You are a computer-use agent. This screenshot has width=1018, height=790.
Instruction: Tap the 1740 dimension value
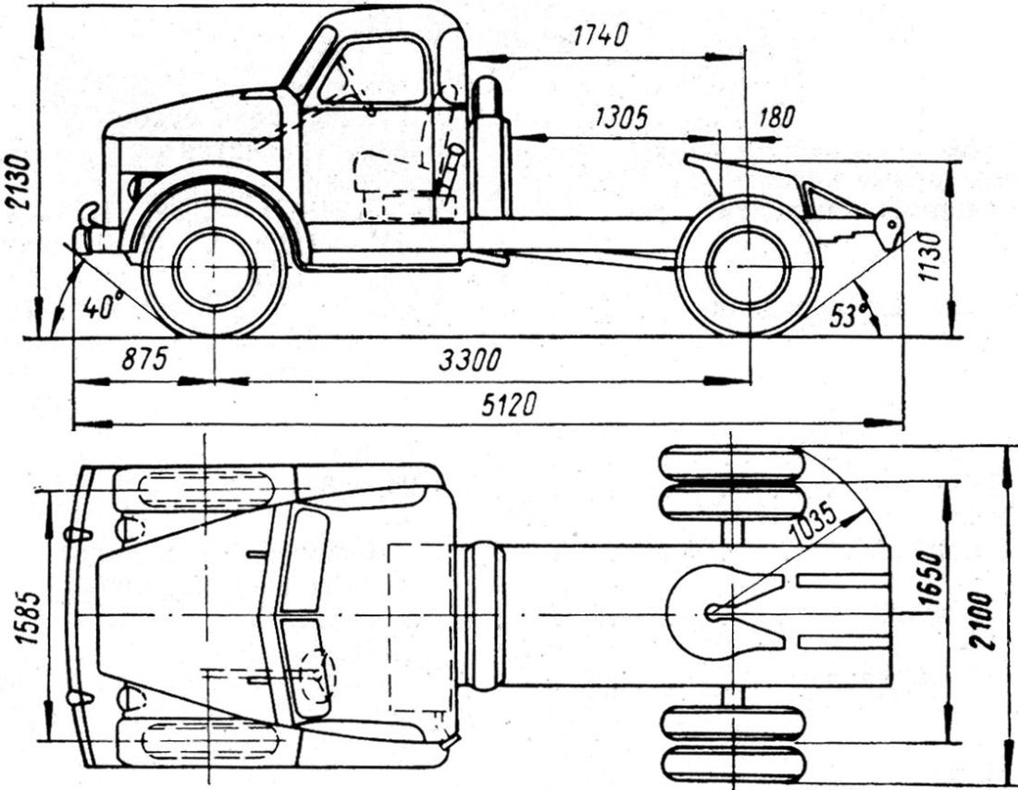(599, 35)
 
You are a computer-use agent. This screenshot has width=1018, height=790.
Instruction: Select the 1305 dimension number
(621, 117)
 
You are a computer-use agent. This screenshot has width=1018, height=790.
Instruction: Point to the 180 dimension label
(776, 117)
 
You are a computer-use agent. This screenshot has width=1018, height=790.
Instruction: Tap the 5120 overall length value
(509, 404)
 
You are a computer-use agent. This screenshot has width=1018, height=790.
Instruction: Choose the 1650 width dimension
(931, 581)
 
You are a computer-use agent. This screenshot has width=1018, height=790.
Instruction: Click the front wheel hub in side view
(215, 267)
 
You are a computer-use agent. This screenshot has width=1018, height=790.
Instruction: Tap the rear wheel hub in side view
(748, 267)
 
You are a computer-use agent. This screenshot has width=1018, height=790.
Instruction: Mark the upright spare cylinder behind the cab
(489, 148)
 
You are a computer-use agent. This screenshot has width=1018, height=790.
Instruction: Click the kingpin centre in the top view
(713, 611)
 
